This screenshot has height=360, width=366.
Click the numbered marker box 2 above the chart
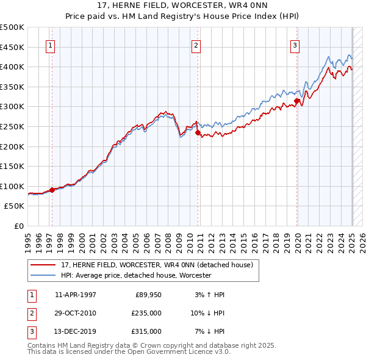[196, 45]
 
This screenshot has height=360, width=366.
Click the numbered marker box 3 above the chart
[295, 45]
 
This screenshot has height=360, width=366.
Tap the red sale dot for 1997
[52, 190]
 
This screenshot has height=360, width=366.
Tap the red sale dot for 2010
[198, 132]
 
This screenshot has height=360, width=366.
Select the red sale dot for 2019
[296, 101]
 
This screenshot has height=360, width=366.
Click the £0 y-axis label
[18, 226]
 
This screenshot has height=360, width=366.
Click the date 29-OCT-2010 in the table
[75, 313]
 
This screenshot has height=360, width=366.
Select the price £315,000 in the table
[146, 331]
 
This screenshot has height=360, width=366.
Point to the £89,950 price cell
[148, 295]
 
